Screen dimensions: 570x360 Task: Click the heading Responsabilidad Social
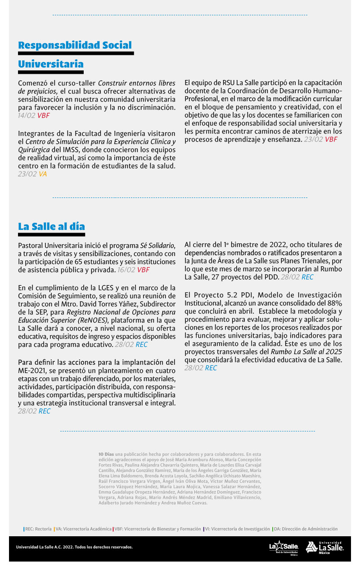(x=75, y=45)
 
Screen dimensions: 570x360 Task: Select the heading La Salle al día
(x=51, y=226)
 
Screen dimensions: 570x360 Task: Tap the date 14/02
(x=27, y=116)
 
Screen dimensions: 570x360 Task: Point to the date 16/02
(x=126, y=270)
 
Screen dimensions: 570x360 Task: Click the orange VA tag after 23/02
(x=43, y=174)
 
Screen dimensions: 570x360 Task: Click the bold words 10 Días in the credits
(x=106, y=454)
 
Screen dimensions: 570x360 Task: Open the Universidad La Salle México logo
(x=325, y=548)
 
